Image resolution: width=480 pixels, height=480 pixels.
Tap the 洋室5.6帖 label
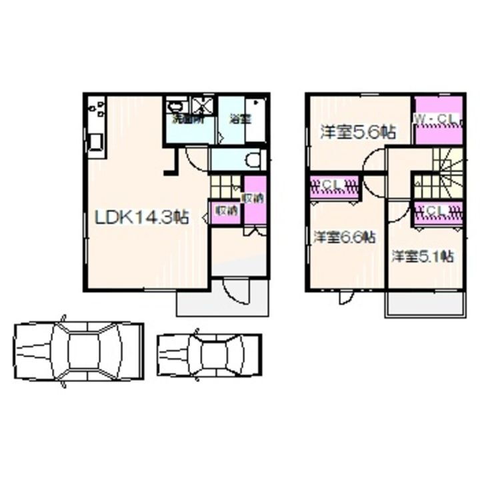click(x=357, y=132)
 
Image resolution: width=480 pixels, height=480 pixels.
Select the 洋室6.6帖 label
click(x=343, y=237)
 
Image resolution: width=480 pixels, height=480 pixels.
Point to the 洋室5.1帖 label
click(x=423, y=255)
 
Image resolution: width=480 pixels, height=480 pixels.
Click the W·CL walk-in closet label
click(x=436, y=119)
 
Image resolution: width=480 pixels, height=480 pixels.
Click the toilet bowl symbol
click(x=252, y=160)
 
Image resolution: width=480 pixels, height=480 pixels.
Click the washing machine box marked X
click(x=202, y=105)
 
